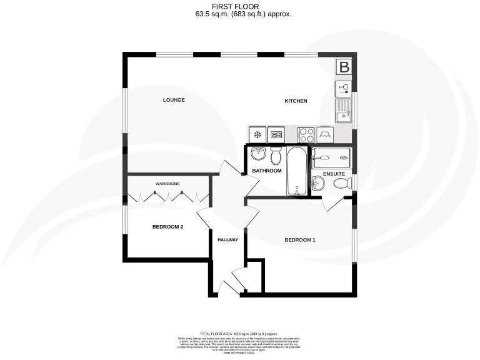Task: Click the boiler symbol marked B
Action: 343,67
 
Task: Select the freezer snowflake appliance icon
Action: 257,134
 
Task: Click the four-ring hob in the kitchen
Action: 306,134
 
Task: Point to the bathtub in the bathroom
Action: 297,171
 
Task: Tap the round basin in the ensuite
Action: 318,183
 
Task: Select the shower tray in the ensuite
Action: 332,156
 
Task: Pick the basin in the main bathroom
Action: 259,154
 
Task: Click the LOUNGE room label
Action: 174,100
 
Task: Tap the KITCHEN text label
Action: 296,101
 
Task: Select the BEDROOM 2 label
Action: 167,227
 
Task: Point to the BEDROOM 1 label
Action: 300,240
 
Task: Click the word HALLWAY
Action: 227,240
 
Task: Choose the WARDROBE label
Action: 167,184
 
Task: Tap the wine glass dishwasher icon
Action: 342,87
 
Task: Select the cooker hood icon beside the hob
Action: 325,134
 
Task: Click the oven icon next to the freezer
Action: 276,134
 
